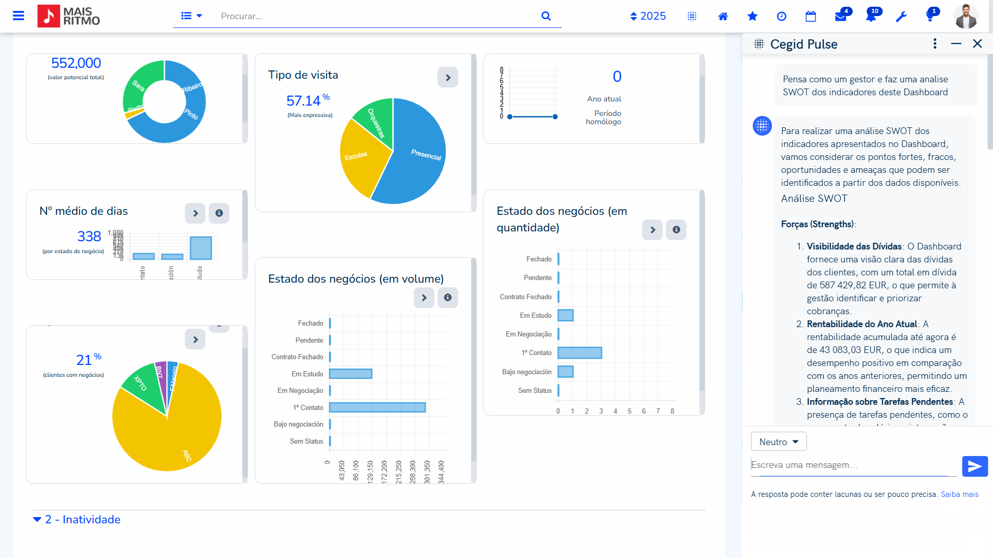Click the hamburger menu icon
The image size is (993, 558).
[19, 16]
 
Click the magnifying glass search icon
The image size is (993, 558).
[546, 16]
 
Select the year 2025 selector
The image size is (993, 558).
[648, 16]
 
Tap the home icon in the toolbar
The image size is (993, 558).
[723, 17]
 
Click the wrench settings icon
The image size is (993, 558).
[901, 17]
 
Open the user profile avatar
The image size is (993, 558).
[966, 16]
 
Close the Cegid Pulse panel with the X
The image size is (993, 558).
[977, 44]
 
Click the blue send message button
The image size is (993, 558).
[974, 466]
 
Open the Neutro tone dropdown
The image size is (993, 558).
[778, 442]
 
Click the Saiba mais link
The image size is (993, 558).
[959, 494]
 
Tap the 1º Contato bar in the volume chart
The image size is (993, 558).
[377, 407]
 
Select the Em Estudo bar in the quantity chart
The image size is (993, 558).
[565, 315]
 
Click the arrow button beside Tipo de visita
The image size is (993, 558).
[448, 78]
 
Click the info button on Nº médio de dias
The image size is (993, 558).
[219, 213]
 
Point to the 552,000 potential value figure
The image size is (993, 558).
[76, 63]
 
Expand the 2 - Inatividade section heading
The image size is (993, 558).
[83, 520]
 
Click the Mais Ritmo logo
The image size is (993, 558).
[69, 16]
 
